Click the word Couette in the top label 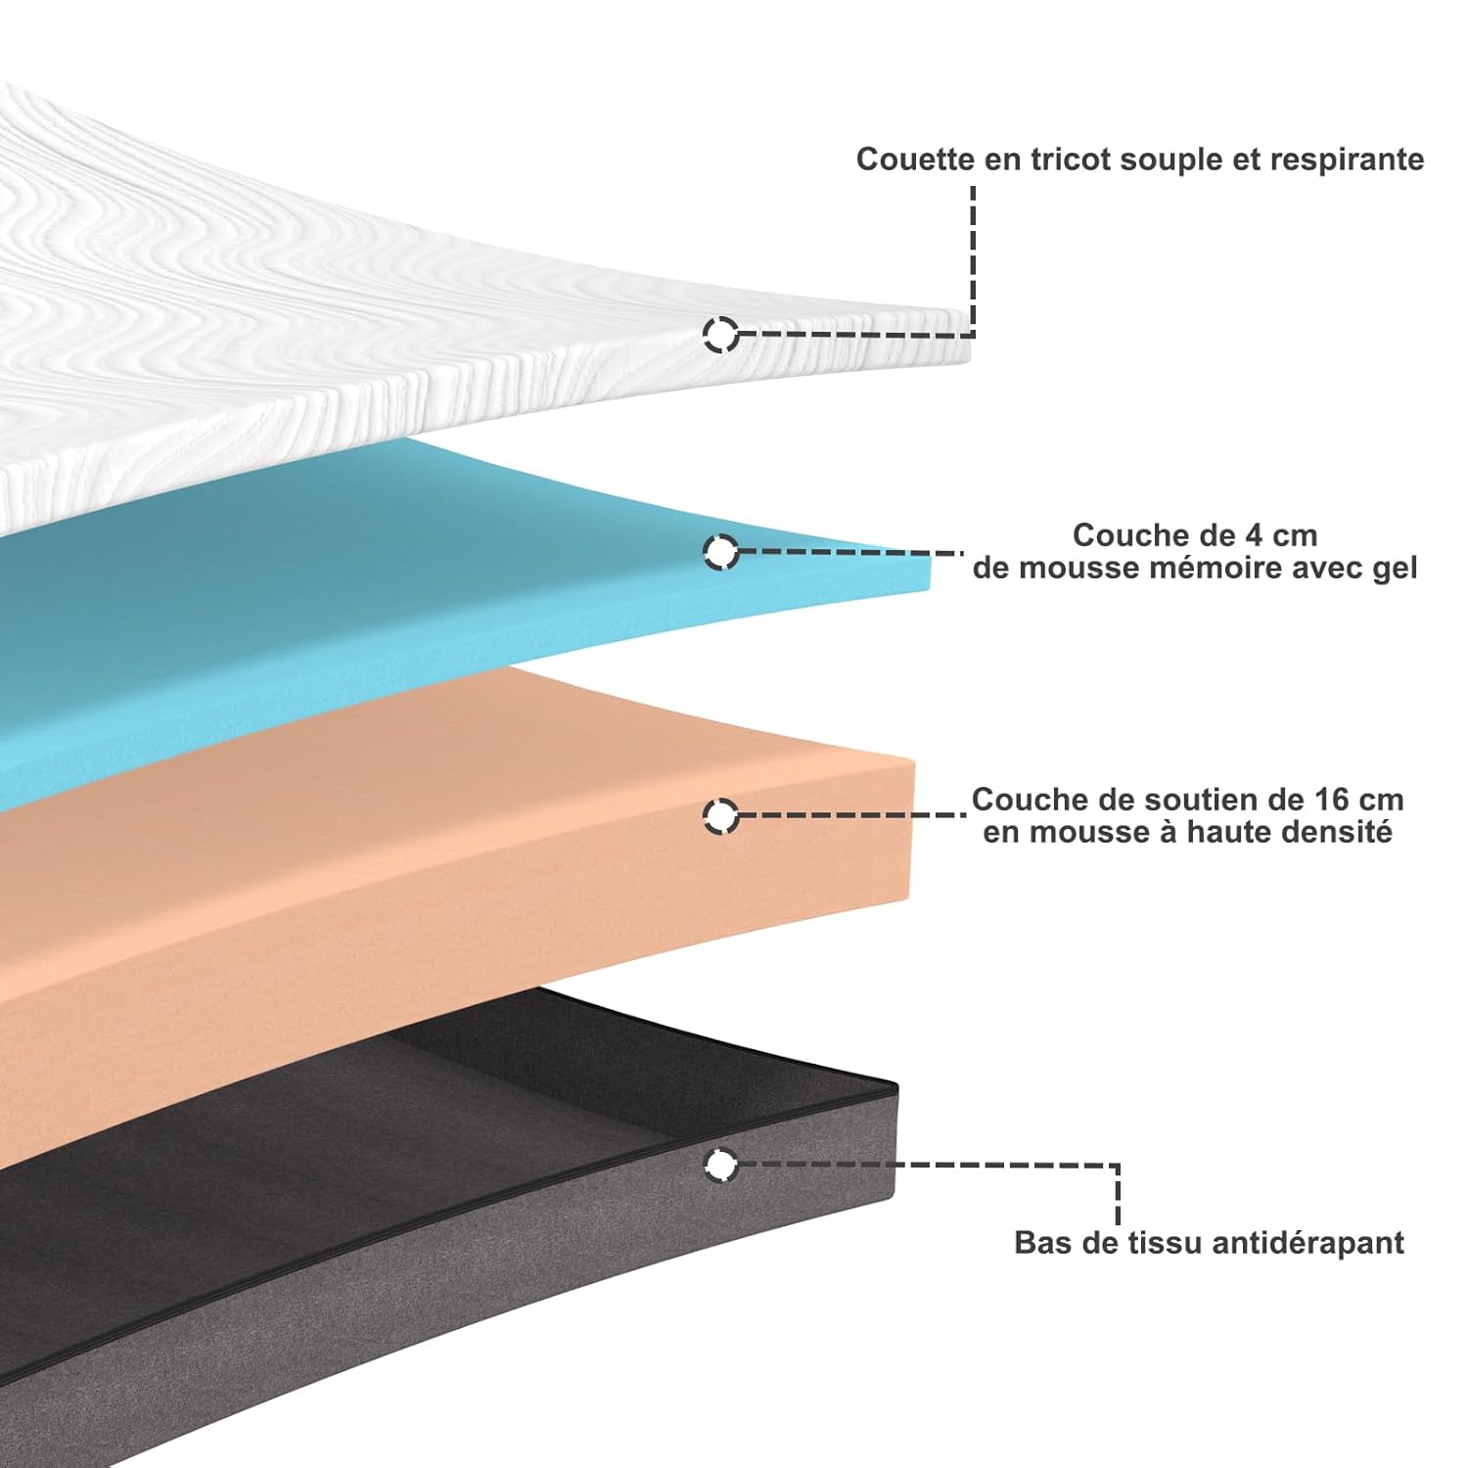[916, 160]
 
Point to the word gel [1394, 569]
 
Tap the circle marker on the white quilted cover [721, 334]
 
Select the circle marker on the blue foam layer [721, 552]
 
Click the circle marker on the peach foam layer [721, 815]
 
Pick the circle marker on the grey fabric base [721, 1165]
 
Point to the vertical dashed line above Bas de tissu [1117, 1194]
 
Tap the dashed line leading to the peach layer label [851, 814]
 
